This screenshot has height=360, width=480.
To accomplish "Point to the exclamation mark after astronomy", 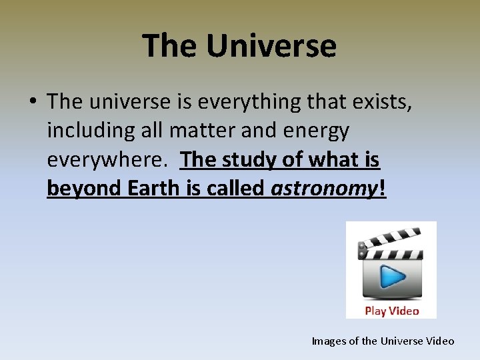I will tap(382, 189).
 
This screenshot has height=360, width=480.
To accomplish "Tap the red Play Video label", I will tap(391, 311).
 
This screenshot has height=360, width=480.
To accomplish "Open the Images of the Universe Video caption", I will tap(383, 341).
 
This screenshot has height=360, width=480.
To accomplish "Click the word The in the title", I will tap(170, 46).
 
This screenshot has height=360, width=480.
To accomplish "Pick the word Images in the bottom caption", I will tap(329, 341).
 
